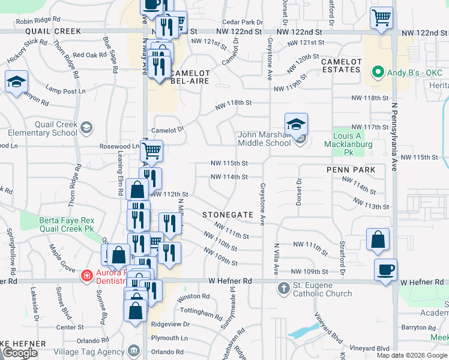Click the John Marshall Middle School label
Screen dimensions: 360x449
tap(264, 139)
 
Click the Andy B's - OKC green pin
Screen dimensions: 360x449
tap(378, 73)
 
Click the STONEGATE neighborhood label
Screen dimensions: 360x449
tap(225, 214)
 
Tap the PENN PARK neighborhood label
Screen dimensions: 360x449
tap(351, 170)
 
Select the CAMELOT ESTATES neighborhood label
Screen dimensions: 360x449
tap(342, 65)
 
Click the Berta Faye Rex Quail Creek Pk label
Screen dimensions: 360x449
tap(68, 224)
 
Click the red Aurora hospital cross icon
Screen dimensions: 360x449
tap(86, 275)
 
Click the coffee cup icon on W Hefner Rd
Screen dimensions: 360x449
tap(385, 269)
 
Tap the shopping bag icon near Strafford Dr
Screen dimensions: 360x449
tap(378, 239)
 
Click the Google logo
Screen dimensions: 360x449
tap(20, 353)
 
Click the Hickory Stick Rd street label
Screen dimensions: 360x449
tap(28, 51)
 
